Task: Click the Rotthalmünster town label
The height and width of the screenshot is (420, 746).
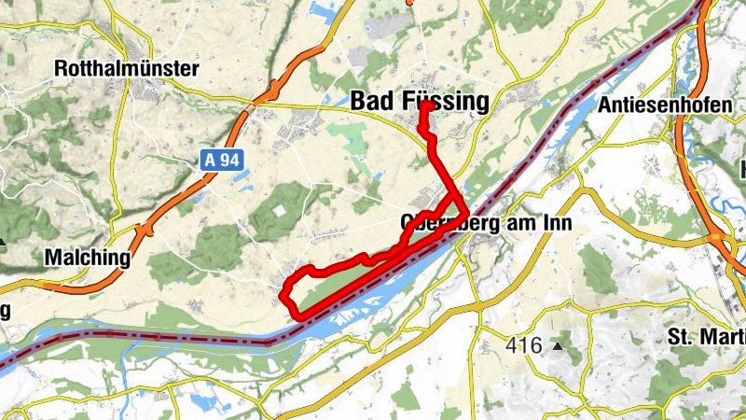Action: point(127,69)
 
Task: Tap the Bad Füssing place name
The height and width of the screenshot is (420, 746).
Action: point(420,102)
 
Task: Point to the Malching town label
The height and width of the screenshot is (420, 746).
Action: point(87,258)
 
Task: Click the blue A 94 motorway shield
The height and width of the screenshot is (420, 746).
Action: point(222,161)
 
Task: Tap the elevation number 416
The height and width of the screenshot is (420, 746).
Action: point(524,345)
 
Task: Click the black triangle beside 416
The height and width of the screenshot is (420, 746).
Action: point(558,346)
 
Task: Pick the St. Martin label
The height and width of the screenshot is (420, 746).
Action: point(706,335)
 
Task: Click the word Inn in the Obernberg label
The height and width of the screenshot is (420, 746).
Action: point(557,224)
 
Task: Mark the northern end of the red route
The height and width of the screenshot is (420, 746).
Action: point(425,105)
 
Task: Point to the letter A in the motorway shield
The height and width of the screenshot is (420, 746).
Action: point(212,161)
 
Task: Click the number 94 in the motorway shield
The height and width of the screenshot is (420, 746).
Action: point(229,161)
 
